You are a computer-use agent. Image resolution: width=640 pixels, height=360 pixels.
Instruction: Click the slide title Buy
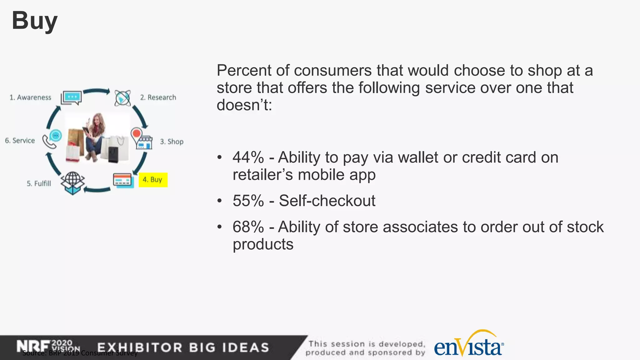[x=35, y=21]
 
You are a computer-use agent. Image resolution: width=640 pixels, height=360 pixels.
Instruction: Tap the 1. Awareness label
[x=30, y=97]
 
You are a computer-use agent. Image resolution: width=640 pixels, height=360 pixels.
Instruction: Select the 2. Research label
[x=158, y=97]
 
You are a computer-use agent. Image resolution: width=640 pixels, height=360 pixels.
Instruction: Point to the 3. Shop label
[x=172, y=142]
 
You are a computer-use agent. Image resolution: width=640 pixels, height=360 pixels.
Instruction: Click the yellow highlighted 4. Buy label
[x=153, y=180]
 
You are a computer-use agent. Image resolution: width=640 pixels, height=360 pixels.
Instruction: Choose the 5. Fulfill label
[x=39, y=183]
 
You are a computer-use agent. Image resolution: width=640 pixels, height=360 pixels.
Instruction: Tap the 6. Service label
[x=20, y=141]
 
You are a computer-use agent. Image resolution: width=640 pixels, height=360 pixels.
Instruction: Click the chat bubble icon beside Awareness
[x=72, y=97]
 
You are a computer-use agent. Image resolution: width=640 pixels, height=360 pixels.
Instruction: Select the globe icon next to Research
[x=122, y=98]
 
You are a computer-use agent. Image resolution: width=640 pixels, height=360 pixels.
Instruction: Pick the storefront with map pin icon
[x=141, y=139]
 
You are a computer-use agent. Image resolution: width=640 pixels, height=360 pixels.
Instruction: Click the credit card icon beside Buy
[x=123, y=180]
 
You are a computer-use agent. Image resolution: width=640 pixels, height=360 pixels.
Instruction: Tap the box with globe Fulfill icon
[x=73, y=183]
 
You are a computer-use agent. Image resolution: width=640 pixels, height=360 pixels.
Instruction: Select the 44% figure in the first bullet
[x=248, y=157]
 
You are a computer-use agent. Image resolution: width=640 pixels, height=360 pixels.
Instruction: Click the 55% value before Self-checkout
[x=248, y=201]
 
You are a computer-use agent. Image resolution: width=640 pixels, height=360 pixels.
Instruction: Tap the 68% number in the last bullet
[x=248, y=227]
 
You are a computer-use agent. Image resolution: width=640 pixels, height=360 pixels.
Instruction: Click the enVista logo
[x=468, y=346]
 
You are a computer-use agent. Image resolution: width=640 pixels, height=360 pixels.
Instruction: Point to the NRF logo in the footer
[x=33, y=346]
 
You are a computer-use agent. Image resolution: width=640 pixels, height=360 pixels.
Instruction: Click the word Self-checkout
[x=327, y=201]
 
